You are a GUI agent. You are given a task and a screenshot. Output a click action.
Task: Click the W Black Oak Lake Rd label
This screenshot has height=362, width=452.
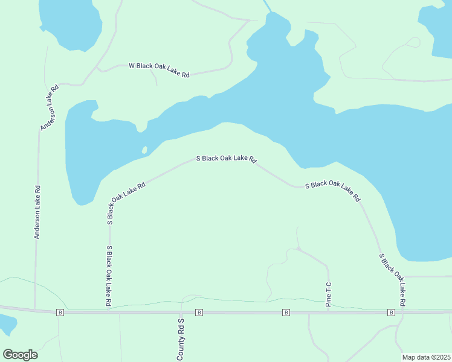[x=159, y=70]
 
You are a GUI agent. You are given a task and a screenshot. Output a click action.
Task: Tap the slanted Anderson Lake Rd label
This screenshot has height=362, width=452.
[x=50, y=107]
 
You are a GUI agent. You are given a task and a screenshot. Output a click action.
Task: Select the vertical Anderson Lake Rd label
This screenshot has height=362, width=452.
[x=37, y=212]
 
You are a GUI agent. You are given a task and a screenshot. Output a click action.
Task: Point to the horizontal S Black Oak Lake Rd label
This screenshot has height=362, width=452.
[x=227, y=159]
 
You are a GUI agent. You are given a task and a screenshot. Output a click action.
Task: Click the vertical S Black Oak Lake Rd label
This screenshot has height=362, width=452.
[x=109, y=277]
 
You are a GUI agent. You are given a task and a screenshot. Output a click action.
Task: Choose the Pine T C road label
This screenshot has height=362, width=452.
[x=329, y=294]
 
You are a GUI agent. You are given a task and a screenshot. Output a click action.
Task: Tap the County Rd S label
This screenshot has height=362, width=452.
[x=180, y=340]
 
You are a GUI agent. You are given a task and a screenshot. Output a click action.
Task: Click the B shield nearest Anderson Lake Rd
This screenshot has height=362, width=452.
[x=60, y=312]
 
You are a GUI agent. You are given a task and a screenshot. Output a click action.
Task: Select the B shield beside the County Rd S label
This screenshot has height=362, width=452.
[x=198, y=312]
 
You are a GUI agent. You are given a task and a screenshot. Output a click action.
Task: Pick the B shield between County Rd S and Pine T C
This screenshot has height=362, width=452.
[x=286, y=312]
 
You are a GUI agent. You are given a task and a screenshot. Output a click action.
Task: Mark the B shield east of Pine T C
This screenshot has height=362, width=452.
[x=391, y=312]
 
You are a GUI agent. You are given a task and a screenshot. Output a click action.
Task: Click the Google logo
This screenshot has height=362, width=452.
[x=21, y=354]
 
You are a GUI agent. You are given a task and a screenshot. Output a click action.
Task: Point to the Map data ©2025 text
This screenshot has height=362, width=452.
[x=426, y=357]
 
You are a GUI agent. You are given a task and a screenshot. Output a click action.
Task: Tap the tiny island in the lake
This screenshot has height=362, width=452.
[x=144, y=150]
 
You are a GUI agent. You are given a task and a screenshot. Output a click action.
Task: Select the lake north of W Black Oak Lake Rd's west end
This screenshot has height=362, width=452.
[x=69, y=23]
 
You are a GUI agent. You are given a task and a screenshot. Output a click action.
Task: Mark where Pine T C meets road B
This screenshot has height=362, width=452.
[x=329, y=312]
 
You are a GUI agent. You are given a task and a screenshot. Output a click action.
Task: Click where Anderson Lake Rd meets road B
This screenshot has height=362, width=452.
[x=35, y=311]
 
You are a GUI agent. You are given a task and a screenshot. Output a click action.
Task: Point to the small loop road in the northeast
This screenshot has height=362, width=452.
[x=413, y=43]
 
